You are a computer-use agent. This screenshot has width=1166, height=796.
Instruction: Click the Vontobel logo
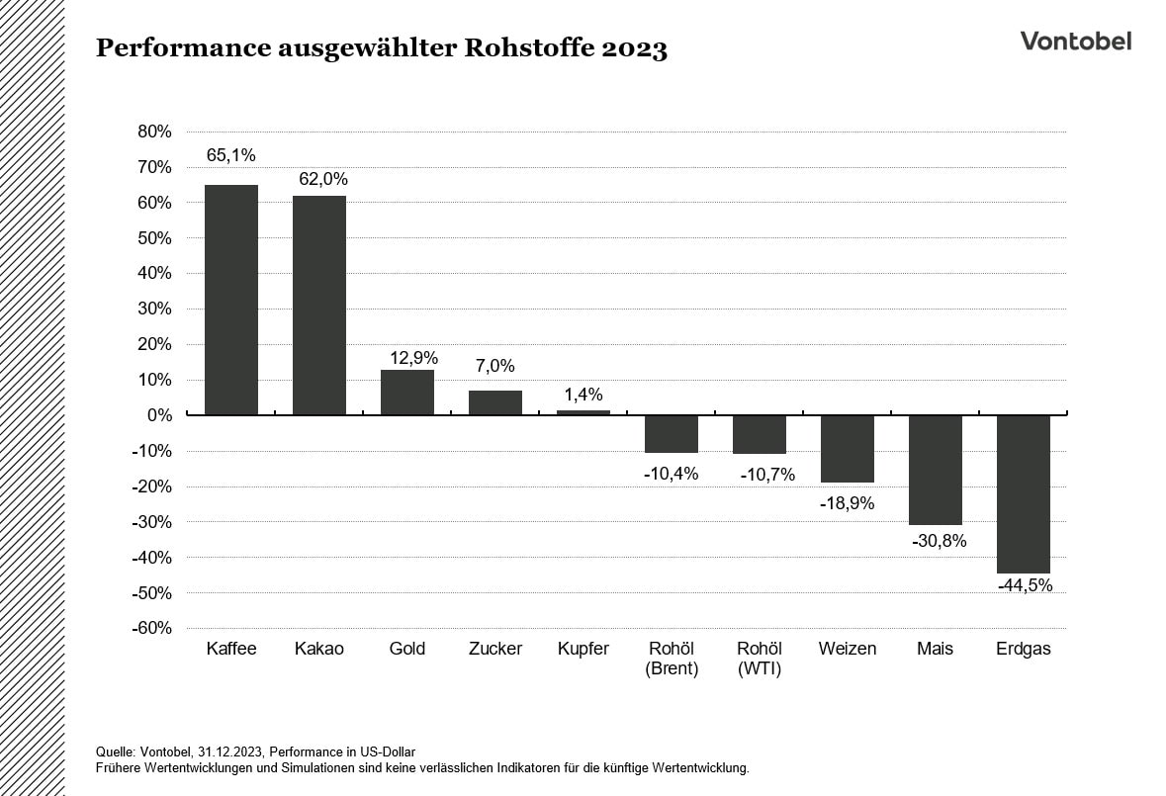point(1076,41)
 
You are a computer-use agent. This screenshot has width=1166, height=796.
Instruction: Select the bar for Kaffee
point(231,300)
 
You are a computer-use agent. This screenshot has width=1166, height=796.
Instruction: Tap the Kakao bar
point(319,306)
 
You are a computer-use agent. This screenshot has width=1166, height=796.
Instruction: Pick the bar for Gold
point(407,393)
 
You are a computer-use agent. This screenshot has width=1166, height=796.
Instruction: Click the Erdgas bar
point(1024,493)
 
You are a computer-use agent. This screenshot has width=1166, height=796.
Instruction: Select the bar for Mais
point(936,470)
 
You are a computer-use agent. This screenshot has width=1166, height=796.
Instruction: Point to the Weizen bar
point(848,449)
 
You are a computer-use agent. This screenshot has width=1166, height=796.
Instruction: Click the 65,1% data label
point(231,155)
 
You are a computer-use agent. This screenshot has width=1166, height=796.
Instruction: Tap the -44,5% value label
point(1024,585)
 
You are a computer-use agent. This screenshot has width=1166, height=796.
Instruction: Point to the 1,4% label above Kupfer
point(583,395)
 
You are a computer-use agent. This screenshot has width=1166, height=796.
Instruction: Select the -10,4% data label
point(672,474)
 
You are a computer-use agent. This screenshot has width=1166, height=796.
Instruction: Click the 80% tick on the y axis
point(153,132)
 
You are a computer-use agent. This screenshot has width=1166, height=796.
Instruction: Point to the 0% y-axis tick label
point(159,415)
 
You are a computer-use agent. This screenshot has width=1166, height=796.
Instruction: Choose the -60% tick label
point(151,629)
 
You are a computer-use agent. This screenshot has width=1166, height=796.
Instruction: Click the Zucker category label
point(495,650)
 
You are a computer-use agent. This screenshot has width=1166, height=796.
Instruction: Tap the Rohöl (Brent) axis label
point(672,660)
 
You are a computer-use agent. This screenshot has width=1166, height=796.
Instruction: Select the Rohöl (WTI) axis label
point(760,660)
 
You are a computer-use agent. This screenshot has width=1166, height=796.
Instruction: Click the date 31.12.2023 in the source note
point(227,752)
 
